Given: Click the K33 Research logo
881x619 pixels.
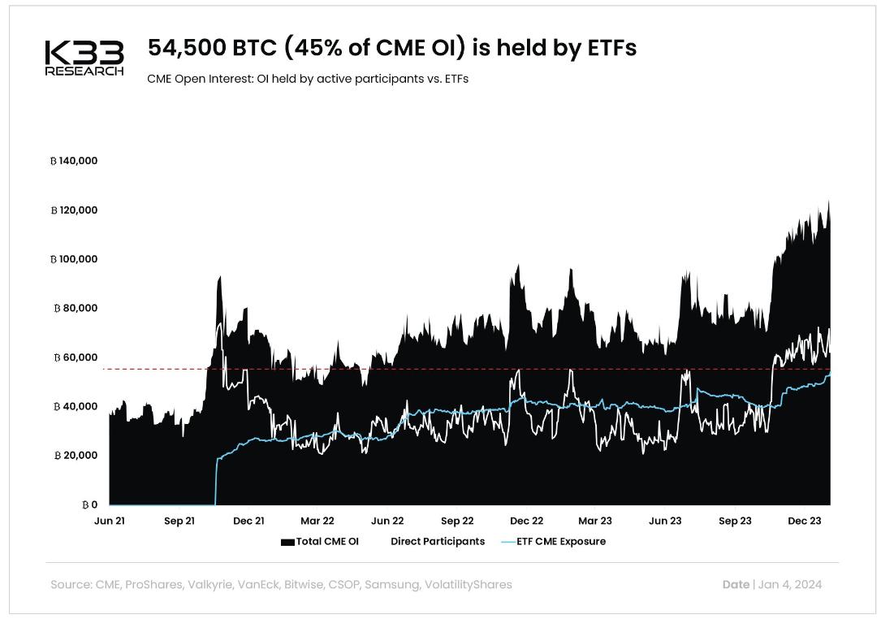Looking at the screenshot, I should pyautogui.click(x=84, y=58).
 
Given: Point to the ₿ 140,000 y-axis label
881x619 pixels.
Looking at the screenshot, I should pyautogui.click(x=74, y=161).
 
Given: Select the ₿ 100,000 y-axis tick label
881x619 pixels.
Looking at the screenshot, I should pyautogui.click(x=74, y=259).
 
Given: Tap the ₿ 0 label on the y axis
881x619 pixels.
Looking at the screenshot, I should pyautogui.click(x=90, y=504).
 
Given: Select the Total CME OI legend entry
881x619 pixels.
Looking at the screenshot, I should pyautogui.click(x=319, y=542).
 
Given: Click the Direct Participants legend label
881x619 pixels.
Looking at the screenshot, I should pyautogui.click(x=437, y=542).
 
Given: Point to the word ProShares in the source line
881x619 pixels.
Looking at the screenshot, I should pyautogui.click(x=151, y=585).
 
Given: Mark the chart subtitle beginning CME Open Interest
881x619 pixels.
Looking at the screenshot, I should pyautogui.click(x=308, y=80).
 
